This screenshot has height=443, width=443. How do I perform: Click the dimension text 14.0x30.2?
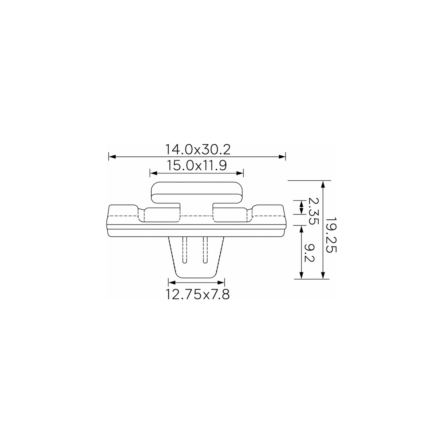coord(198,150)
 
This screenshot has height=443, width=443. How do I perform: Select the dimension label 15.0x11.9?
coord(197,166)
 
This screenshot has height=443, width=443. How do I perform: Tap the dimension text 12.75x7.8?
coord(198,294)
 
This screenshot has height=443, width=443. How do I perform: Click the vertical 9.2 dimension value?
coord(309,253)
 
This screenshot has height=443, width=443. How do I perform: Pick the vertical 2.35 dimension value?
coord(313,211)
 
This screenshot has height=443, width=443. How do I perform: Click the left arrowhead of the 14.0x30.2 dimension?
coord(112,157)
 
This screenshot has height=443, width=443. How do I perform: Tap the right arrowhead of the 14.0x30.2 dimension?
coord(282,157)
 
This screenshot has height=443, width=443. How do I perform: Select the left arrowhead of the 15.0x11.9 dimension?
coord(153,173)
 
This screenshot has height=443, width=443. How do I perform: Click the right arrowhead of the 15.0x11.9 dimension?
coord(240,173)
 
